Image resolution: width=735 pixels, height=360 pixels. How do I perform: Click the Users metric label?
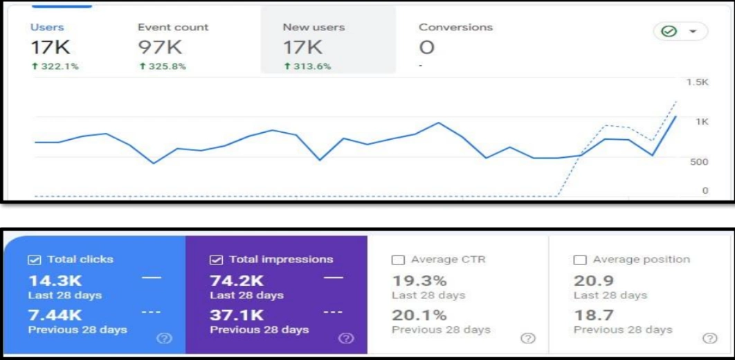tap(47, 28)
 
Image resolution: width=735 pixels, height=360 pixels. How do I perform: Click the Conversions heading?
tap(455, 28)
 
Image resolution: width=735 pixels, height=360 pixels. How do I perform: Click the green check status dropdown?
tap(680, 32)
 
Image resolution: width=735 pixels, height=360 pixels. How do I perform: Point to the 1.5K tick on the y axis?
tap(697, 82)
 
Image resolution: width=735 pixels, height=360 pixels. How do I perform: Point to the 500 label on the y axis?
tap(698, 161)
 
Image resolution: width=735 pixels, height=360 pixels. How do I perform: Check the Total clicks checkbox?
tap(34, 260)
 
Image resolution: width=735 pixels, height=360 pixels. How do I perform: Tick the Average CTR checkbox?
tap(398, 260)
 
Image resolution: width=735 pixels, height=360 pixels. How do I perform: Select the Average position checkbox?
tap(580, 260)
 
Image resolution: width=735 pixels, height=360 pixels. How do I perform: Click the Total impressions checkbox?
tap(216, 260)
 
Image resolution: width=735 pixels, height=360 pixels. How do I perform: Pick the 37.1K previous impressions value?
tap(236, 315)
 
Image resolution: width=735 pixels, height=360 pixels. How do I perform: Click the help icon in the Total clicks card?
tap(164, 339)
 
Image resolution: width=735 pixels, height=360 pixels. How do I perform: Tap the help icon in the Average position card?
tap(709, 339)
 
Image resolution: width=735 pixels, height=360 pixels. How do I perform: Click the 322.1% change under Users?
tap(55, 66)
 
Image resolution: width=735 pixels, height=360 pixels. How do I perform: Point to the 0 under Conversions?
tap(427, 47)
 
